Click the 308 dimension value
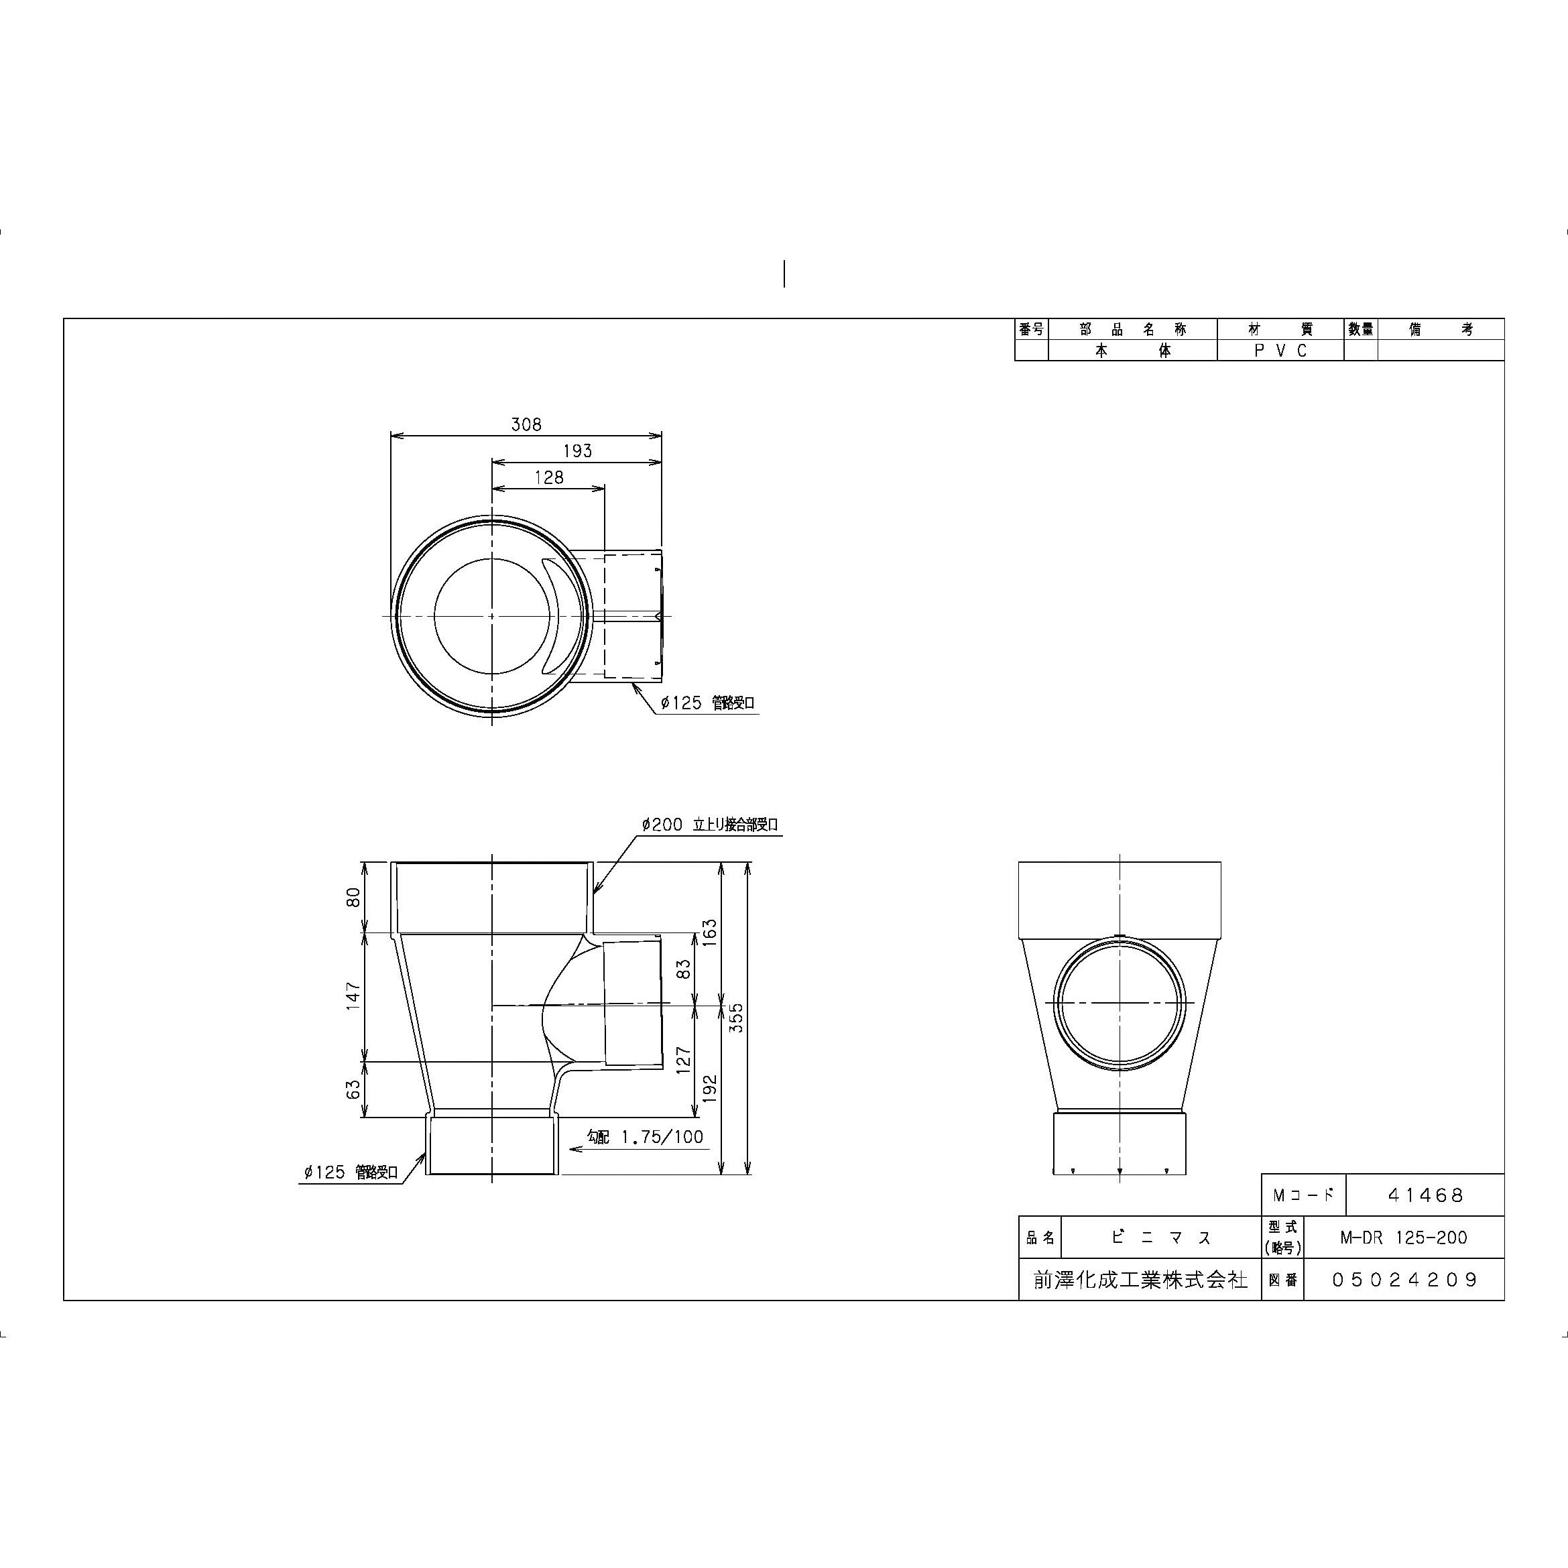tap(526, 424)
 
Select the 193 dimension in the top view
tap(577, 450)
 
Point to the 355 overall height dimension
tap(736, 1018)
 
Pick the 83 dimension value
tap(684, 969)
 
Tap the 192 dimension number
tap(710, 1087)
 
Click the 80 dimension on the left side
tap(353, 898)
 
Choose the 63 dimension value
tap(353, 1089)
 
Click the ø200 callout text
tap(709, 825)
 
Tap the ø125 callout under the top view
tap(706, 703)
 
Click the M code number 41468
tap(1425, 1195)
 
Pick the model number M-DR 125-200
tap(1403, 1238)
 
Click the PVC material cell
tap(1280, 351)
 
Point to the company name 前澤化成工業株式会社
tap(1140, 1280)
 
